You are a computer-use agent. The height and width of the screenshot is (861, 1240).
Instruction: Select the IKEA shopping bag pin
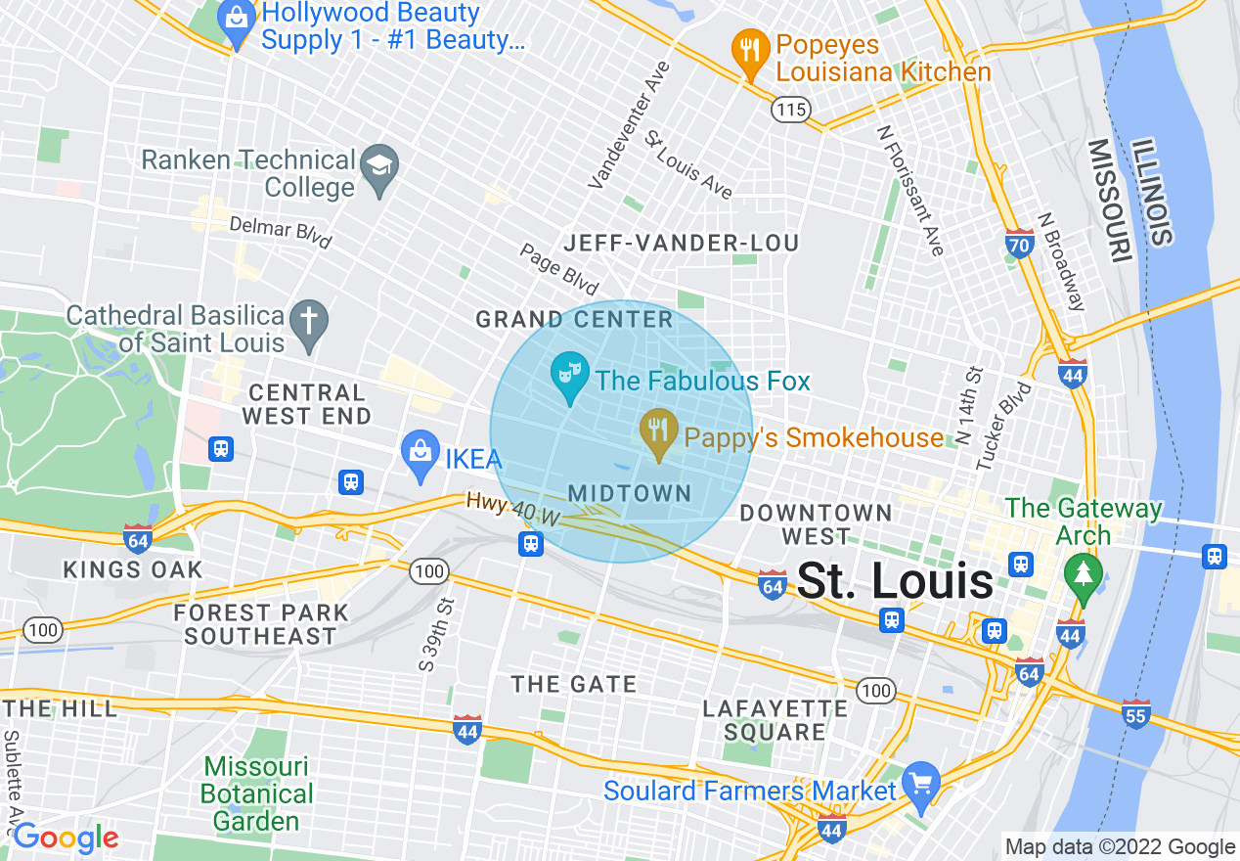pyautogui.click(x=420, y=455)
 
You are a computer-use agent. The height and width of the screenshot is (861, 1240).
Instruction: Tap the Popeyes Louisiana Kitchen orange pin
pyautogui.click(x=750, y=53)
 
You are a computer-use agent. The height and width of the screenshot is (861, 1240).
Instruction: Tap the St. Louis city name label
pyautogui.click(x=895, y=582)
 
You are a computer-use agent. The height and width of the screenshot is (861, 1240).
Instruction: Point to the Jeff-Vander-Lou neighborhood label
pyautogui.click(x=682, y=243)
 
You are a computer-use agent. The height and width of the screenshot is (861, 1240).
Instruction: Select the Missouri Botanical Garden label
pyautogui.click(x=258, y=793)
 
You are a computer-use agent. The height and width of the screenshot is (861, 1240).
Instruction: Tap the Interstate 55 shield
pyautogui.click(x=1135, y=713)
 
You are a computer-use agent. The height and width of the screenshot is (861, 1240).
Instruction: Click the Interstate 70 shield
pyautogui.click(x=1019, y=244)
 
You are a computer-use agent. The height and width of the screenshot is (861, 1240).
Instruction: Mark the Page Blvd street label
pyautogui.click(x=558, y=270)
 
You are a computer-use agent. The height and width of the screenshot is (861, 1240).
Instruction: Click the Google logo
pyautogui.click(x=66, y=838)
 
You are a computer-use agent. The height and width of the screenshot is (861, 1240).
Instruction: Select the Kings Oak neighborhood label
pyautogui.click(x=133, y=569)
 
